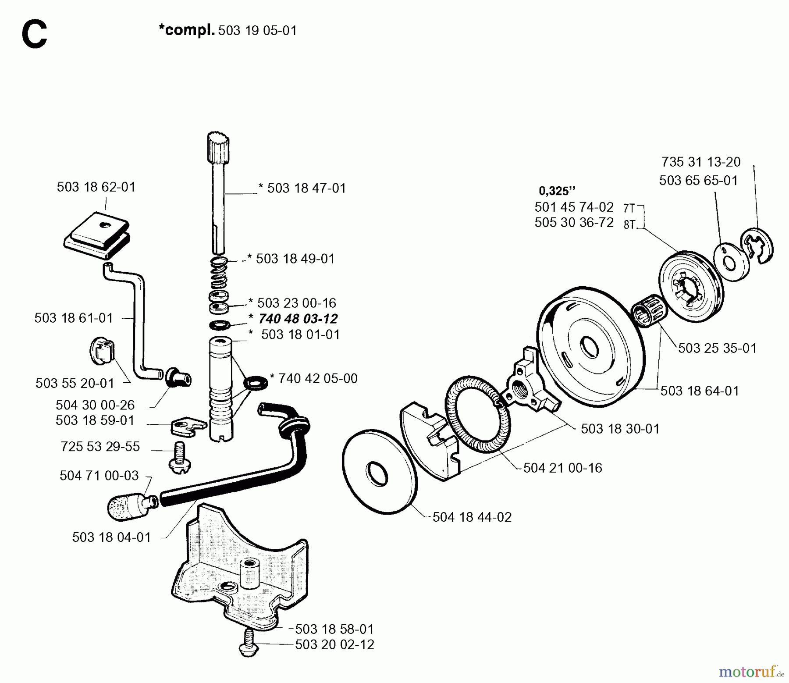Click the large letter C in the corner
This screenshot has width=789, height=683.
point(34,36)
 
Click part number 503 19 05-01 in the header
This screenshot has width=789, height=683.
point(257,31)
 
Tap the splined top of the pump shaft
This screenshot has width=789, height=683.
point(218,143)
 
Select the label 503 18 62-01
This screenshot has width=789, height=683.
point(96,187)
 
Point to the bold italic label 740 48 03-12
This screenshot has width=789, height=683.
point(298,319)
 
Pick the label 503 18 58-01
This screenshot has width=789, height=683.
point(334,629)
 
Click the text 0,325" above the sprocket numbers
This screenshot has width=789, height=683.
point(557,191)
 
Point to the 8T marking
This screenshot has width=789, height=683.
point(629,225)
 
